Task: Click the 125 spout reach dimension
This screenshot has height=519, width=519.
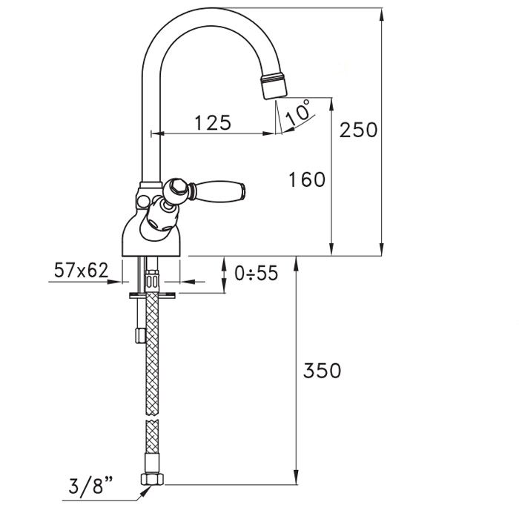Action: (x=213, y=123)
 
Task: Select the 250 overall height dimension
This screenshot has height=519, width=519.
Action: (x=358, y=130)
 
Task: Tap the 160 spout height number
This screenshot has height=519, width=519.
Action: (x=307, y=179)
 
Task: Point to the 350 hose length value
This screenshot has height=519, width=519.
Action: (x=322, y=371)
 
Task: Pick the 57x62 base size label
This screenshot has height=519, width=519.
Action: (x=82, y=270)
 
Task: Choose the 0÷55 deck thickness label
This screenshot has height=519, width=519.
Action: (x=257, y=274)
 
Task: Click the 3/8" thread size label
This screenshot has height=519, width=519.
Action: (x=90, y=485)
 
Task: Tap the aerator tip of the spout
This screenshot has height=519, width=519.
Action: (x=274, y=86)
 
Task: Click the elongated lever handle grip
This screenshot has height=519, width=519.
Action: (x=219, y=191)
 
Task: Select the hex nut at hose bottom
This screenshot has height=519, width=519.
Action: (x=152, y=479)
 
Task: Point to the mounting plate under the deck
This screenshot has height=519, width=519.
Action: (x=152, y=295)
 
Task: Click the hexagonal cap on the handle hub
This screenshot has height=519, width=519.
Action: (x=176, y=188)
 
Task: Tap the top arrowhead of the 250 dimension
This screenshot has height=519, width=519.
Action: (x=381, y=14)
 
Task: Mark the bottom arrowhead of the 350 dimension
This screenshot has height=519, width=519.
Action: (x=297, y=479)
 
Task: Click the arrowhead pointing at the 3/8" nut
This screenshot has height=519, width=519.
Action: (x=145, y=492)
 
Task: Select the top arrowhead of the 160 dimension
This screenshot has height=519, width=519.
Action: (x=331, y=104)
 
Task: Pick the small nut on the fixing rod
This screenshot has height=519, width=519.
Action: (x=140, y=335)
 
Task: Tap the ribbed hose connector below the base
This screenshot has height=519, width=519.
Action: (x=152, y=279)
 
